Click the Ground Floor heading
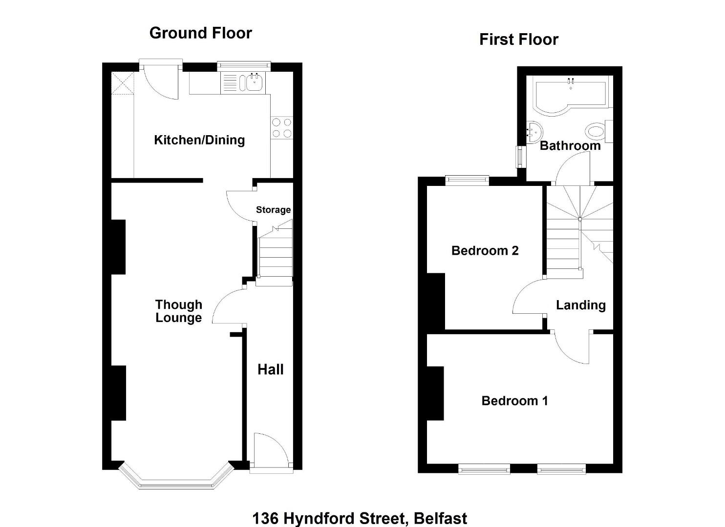(201, 33)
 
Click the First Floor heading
(519, 40)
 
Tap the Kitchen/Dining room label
(199, 141)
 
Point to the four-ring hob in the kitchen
(281, 128)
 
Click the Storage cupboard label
(273, 210)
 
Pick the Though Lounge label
(179, 311)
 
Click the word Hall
(271, 369)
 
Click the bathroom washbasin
(534, 132)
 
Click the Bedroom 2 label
(485, 251)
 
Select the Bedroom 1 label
(514, 401)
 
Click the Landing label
(581, 305)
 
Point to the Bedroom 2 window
(467, 180)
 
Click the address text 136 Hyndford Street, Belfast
(360, 518)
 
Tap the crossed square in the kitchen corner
(123, 83)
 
